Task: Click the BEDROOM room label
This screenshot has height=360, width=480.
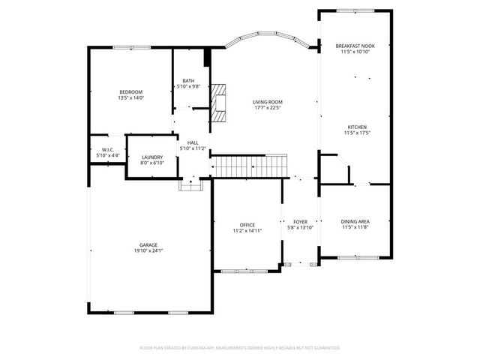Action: tap(130, 91)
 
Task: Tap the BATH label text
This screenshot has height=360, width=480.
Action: tap(188, 81)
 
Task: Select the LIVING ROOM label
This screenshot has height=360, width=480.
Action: tap(267, 101)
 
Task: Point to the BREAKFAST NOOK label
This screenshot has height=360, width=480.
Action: tap(355, 46)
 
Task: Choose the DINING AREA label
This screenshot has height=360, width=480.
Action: tap(355, 221)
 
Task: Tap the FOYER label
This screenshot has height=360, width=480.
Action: tap(300, 222)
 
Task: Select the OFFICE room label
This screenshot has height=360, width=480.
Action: tap(247, 225)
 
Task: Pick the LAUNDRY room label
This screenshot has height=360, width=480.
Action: tap(151, 157)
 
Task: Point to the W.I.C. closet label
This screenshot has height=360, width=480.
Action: tap(107, 149)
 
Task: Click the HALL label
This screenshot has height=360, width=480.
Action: tap(193, 142)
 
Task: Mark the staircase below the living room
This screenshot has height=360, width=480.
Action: tap(250, 164)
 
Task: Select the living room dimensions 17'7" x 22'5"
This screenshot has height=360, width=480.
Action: tap(267, 107)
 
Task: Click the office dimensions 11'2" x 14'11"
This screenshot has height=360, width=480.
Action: tap(247, 231)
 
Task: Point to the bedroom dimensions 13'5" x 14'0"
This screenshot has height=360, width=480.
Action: tap(130, 97)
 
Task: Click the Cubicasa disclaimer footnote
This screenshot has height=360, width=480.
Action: tap(240, 348)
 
